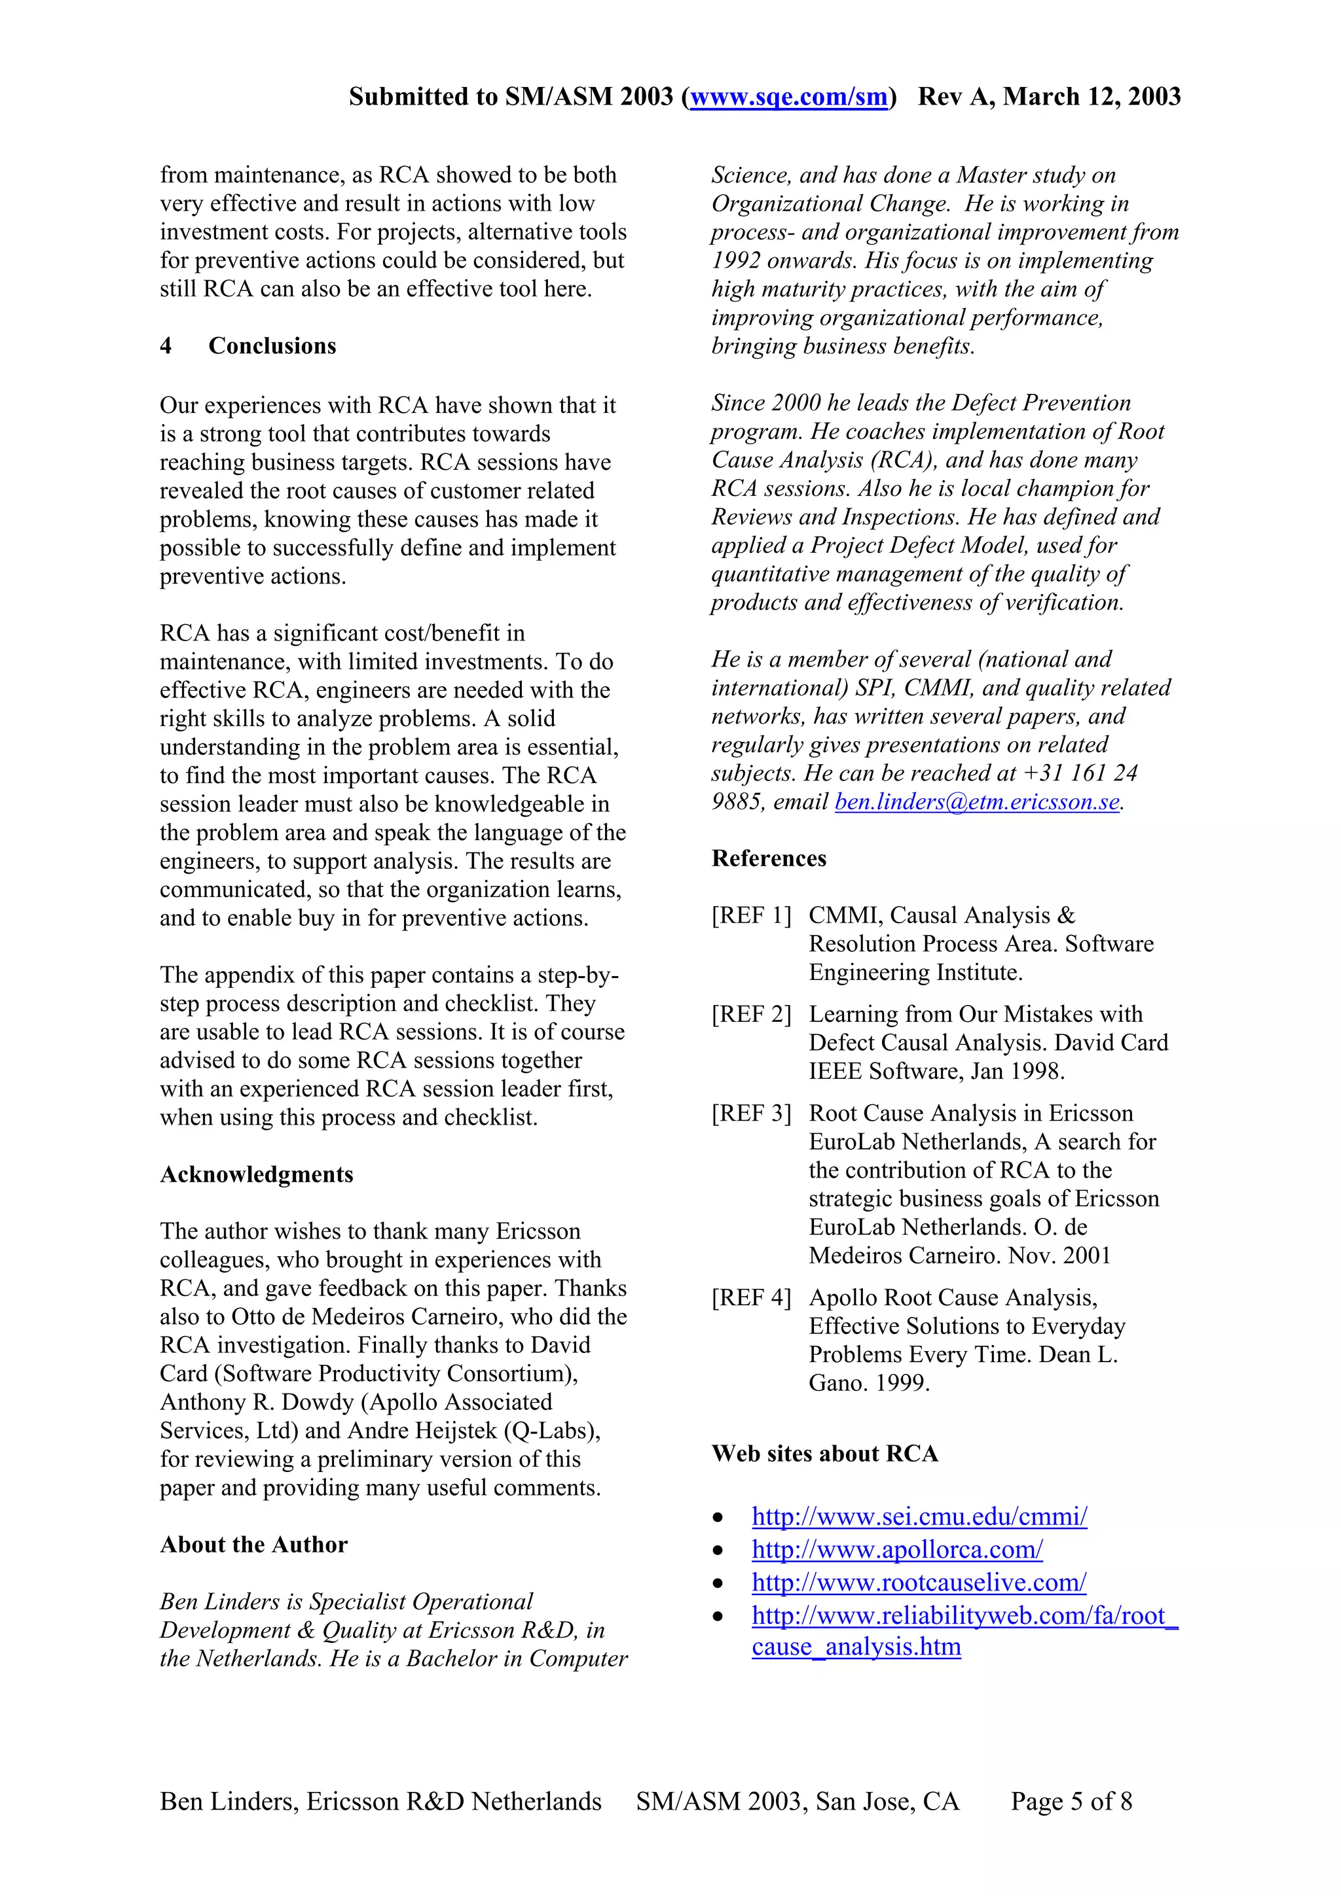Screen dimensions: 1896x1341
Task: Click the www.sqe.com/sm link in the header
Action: (x=788, y=97)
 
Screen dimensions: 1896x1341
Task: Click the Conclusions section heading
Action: (x=272, y=346)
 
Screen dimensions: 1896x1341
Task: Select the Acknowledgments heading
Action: (x=256, y=1174)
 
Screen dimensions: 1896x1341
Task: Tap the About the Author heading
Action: (x=253, y=1544)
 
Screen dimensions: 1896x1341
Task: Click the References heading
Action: (x=769, y=859)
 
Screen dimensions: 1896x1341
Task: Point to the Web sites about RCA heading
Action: (x=824, y=1453)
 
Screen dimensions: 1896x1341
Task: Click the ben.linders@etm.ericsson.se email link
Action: (x=977, y=802)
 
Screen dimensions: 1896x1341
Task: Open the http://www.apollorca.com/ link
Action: (x=896, y=1549)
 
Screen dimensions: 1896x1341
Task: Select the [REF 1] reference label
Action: (x=751, y=916)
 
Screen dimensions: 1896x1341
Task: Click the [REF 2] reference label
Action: (x=751, y=1015)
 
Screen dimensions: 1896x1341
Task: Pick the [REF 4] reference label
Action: (x=751, y=1298)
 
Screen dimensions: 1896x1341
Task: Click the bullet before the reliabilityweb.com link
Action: (x=718, y=1617)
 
